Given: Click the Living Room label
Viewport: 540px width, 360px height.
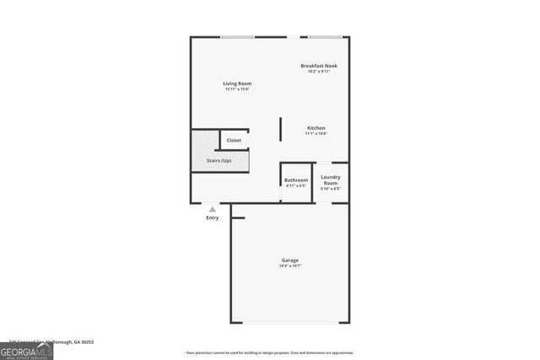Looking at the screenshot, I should pyautogui.click(x=237, y=83).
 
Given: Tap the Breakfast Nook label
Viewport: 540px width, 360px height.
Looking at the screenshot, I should pyautogui.click(x=318, y=66).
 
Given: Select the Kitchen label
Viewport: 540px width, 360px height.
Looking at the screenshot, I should pyautogui.click(x=315, y=128).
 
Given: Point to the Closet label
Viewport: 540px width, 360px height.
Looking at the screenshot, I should pyautogui.click(x=234, y=140).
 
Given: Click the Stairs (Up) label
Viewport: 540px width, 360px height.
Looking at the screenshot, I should pyautogui.click(x=219, y=160).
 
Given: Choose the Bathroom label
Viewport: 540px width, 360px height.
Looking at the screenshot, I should pyautogui.click(x=295, y=180).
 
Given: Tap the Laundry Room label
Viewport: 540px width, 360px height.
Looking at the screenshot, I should pyautogui.click(x=331, y=180).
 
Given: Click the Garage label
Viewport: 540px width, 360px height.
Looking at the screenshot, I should pyautogui.click(x=289, y=260).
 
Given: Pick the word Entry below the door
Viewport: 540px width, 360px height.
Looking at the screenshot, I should pyautogui.click(x=212, y=218).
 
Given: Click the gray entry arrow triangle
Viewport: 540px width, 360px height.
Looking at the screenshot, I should pyautogui.click(x=212, y=209).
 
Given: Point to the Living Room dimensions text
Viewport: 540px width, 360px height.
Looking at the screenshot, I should pyautogui.click(x=237, y=89).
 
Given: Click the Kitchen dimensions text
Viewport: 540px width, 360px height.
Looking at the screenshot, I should pyautogui.click(x=315, y=134).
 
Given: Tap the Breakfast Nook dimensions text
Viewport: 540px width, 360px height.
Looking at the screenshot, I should pyautogui.click(x=318, y=72).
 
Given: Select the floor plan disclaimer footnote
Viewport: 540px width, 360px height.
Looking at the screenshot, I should pyautogui.click(x=270, y=353).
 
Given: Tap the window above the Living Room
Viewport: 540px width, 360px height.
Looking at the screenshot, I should pyautogui.click(x=237, y=37).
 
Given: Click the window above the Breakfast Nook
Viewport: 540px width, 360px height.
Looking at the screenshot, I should pyautogui.click(x=325, y=37).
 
